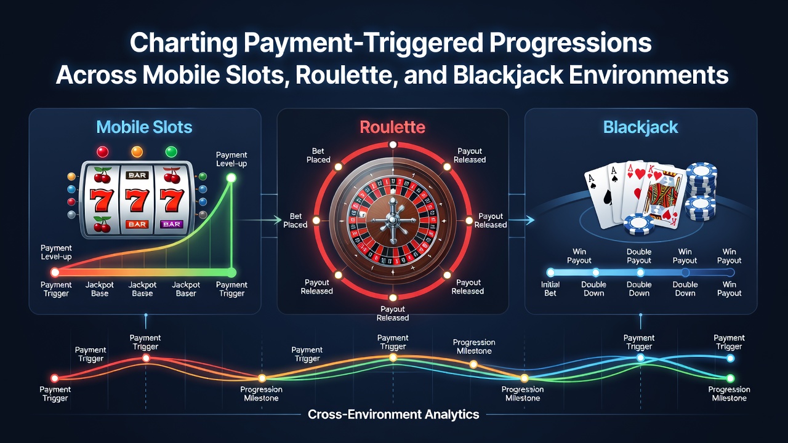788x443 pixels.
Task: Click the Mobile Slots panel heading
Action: click(144, 127)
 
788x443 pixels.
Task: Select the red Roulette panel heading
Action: click(393, 127)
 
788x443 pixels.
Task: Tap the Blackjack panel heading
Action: click(641, 127)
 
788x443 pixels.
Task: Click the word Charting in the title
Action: click(183, 43)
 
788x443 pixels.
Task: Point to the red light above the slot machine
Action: click(102, 152)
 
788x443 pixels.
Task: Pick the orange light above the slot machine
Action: click(137, 152)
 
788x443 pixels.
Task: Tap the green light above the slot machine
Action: click(171, 152)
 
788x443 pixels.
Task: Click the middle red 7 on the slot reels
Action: click(137, 200)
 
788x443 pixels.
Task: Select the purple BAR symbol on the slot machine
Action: click(172, 224)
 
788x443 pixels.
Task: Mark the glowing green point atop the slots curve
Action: click(231, 178)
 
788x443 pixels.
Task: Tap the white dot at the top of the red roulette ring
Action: click(393, 145)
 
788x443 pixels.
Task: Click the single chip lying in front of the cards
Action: click(638, 225)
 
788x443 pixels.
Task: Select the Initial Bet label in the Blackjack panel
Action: click(550, 289)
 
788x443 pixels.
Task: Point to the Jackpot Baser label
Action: click(186, 289)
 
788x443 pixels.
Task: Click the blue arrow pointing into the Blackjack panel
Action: click(521, 220)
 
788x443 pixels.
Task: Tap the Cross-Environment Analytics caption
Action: click(393, 414)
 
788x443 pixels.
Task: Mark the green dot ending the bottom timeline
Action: click(730, 378)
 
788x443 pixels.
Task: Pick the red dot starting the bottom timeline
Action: click(55, 378)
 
